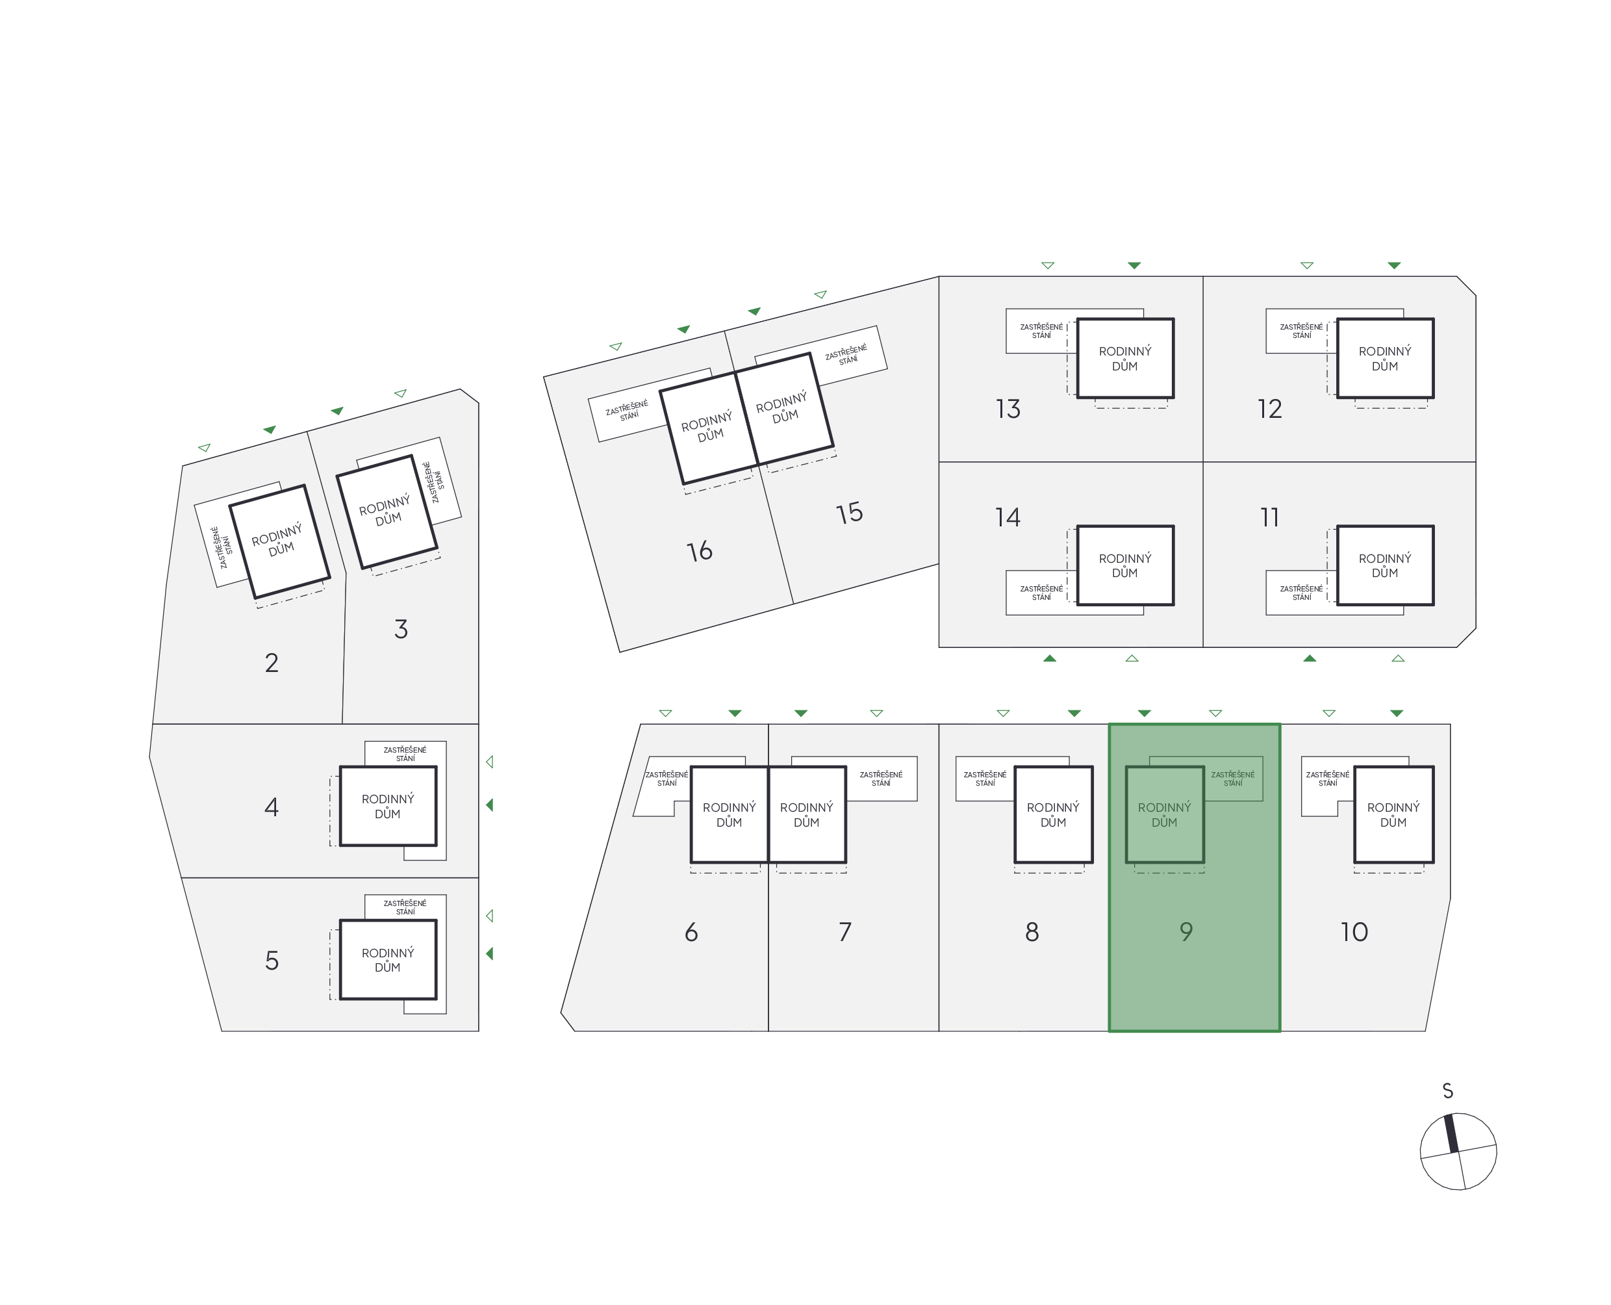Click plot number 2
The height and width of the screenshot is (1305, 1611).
point(272,663)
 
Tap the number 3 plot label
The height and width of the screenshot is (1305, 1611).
point(401,629)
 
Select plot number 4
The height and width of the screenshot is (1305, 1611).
point(272,807)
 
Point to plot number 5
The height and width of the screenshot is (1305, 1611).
point(272,961)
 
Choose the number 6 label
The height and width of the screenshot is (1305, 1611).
point(691,932)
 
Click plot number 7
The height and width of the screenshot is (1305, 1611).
point(845,932)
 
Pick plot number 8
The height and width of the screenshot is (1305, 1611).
point(1032,932)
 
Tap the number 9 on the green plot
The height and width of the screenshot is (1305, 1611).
point(1186,932)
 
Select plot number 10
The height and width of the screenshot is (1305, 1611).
point(1354,932)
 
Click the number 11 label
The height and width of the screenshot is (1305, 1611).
point(1270,517)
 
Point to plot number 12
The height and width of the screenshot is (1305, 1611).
point(1270,409)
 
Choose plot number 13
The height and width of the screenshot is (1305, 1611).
point(1008,409)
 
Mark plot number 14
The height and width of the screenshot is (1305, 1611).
point(1008,517)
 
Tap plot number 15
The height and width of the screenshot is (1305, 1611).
point(850,513)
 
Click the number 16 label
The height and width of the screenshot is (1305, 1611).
point(700,551)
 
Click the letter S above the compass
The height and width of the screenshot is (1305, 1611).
point(1448,1091)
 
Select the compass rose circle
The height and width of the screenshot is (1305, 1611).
point(1458,1152)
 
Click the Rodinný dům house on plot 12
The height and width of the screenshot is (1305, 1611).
point(1385,359)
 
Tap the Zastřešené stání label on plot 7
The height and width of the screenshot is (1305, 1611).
point(882,779)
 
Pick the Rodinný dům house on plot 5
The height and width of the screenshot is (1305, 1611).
point(388,960)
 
